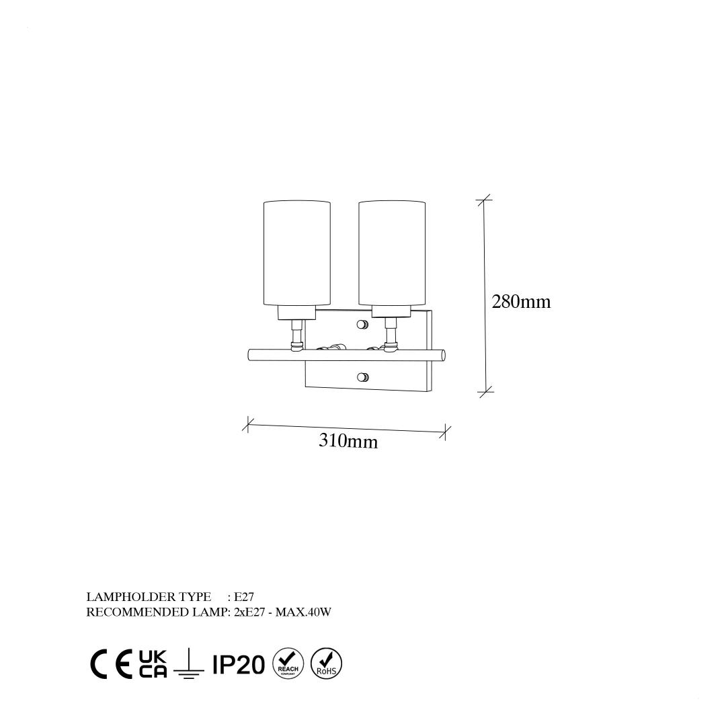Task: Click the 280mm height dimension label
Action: [x=521, y=302]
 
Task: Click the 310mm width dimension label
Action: [x=348, y=441]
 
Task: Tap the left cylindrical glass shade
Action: [x=297, y=253]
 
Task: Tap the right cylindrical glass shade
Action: [x=392, y=253]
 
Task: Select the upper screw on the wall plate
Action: [x=362, y=325]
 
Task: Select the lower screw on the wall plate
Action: [x=363, y=377]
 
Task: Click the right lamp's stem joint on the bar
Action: [x=391, y=345]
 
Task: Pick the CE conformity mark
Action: [x=111, y=664]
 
